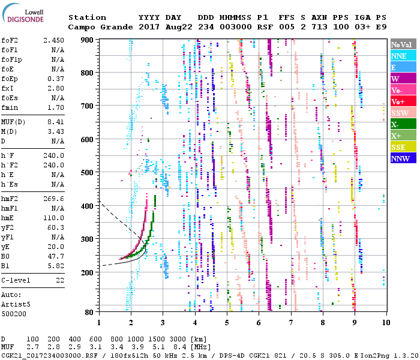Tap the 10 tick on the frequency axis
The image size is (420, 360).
point(385,323)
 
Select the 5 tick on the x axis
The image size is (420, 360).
point(227,323)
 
